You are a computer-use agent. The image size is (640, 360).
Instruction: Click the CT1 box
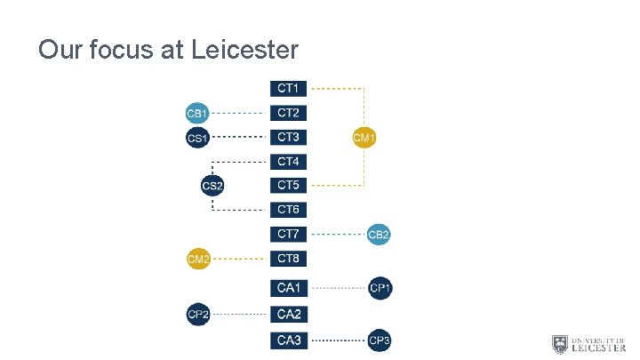coord(288,89)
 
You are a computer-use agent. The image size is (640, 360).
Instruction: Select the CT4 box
coord(288,162)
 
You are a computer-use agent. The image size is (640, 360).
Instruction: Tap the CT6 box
coord(288,210)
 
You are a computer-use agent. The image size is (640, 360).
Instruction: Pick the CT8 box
coord(288,259)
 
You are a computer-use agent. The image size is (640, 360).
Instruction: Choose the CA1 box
coord(288,288)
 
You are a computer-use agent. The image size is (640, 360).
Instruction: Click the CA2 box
coord(288,314)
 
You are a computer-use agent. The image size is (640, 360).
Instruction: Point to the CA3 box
coord(288,340)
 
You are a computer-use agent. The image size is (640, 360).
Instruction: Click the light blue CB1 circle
coord(197,113)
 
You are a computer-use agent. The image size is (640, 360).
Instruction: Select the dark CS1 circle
coord(197,138)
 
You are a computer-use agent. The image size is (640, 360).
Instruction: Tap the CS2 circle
coord(212,186)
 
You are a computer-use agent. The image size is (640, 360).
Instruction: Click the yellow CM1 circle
coord(364,137)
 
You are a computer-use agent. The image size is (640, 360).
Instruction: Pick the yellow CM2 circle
coord(198,259)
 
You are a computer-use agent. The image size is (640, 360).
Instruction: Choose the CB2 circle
coord(379,235)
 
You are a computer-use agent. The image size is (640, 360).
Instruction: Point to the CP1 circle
coord(380,288)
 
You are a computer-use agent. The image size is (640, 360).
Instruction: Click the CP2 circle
coord(198,314)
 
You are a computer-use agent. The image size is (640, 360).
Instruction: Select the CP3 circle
coord(380,340)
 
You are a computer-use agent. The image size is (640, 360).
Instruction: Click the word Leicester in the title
coord(244,50)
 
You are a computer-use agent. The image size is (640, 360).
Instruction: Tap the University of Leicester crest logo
coord(560,344)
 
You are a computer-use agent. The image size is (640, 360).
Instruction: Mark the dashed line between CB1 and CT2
coord(239,113)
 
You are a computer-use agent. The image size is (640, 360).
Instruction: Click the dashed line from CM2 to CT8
coord(240,259)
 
